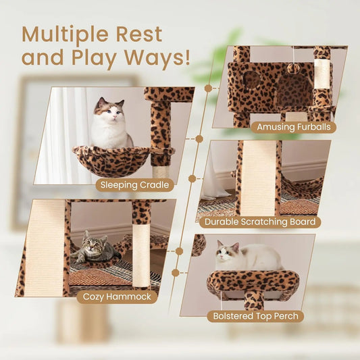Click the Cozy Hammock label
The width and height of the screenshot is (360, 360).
116,297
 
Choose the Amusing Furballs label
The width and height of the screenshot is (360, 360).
292,127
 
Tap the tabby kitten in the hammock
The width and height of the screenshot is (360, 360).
93,249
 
